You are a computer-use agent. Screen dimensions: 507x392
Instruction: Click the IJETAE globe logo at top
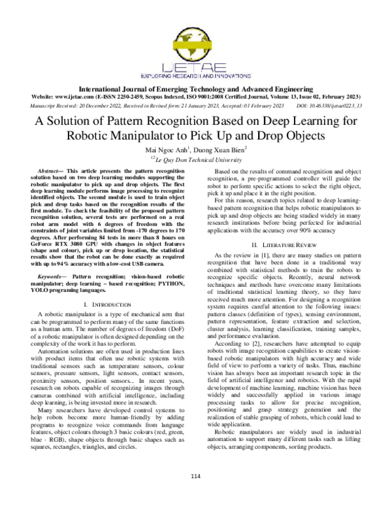point(196,39)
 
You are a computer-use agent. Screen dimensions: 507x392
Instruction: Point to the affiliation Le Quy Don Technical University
point(196,159)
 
